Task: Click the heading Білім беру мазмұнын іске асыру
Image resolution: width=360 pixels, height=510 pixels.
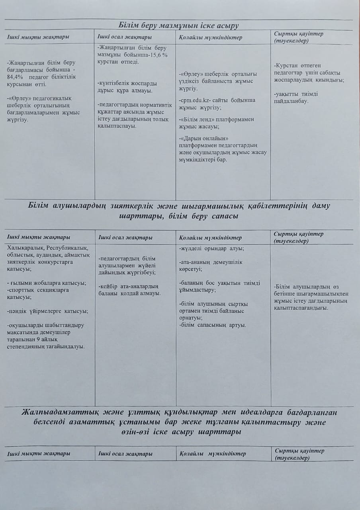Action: click(x=178, y=26)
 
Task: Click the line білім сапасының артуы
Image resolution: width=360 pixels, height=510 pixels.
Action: click(x=213, y=325)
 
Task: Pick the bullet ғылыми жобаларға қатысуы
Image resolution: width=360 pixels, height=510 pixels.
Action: click(x=47, y=283)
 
